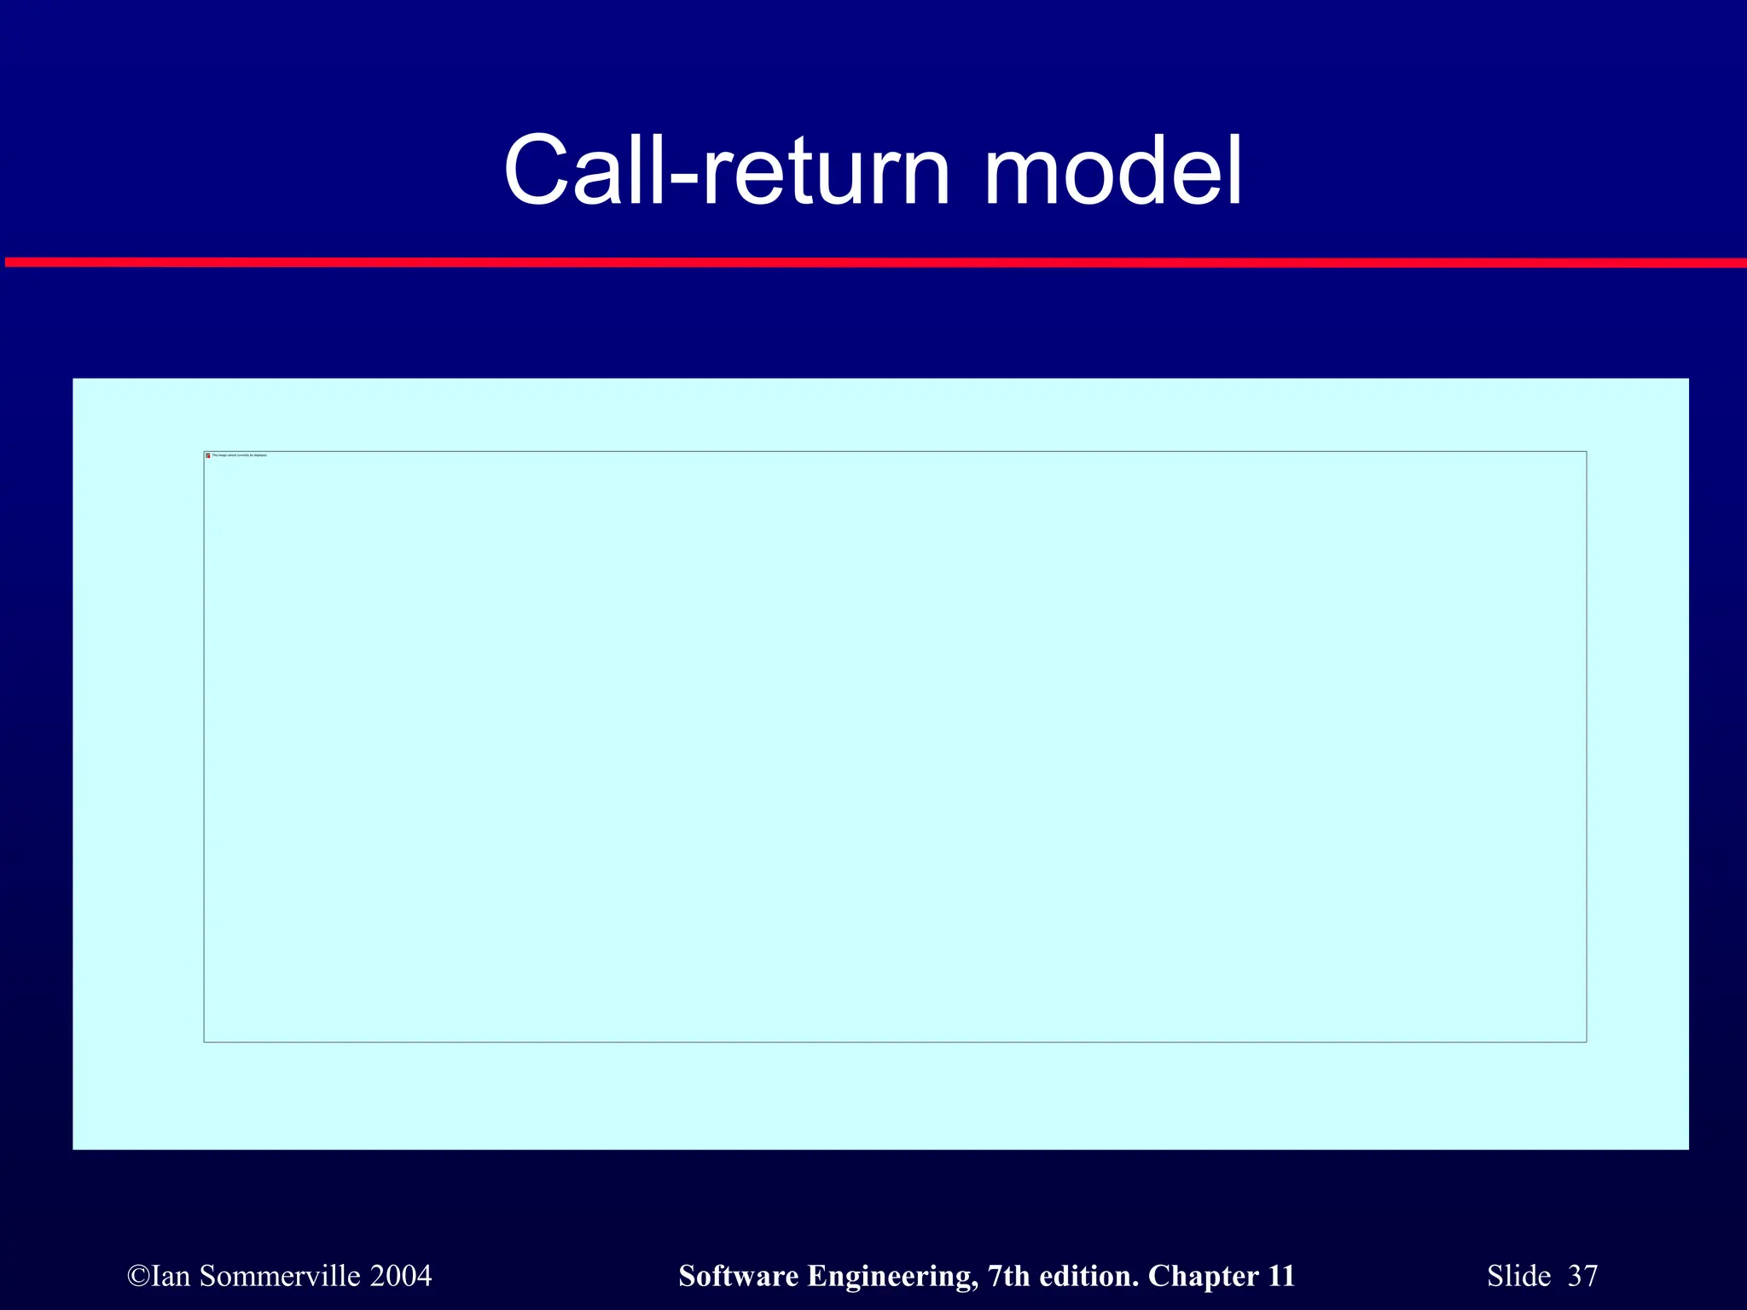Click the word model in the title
[1113, 171]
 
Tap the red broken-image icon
[208, 455]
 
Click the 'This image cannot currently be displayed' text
[240, 455]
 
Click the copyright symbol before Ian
[138, 1277]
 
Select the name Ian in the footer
[171, 1276]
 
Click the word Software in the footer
[739, 1276]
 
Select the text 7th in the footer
[1007, 1276]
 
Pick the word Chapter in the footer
[1203, 1277]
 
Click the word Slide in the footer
[1518, 1276]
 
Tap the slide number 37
[1582, 1276]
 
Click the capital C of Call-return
[536, 171]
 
